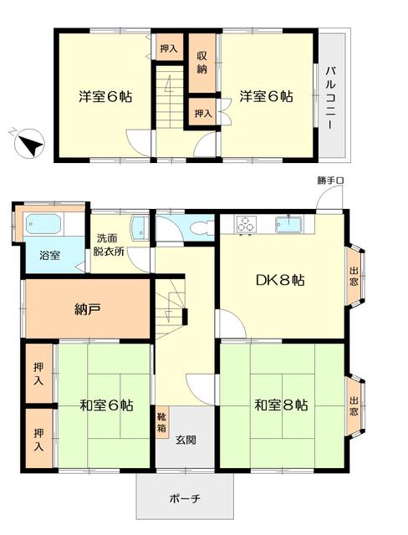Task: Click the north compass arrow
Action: coord(30,144)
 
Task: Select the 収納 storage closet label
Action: coord(202,63)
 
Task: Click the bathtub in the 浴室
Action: coord(43,224)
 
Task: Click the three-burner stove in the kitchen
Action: coord(245,225)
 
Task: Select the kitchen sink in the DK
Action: coord(288,225)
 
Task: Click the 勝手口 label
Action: coord(330,181)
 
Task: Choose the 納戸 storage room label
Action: coord(88,309)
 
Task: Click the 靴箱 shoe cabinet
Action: coord(162,422)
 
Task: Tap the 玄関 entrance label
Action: coord(186,441)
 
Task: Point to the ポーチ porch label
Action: coord(185,499)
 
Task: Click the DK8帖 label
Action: coord(280,281)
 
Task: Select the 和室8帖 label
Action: coord(282,405)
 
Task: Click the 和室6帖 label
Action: coord(106,405)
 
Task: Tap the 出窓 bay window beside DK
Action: coord(354,277)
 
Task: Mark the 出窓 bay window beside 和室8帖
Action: coord(354,406)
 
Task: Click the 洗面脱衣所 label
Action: coord(109,245)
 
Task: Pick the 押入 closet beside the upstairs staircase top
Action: coord(169,48)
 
